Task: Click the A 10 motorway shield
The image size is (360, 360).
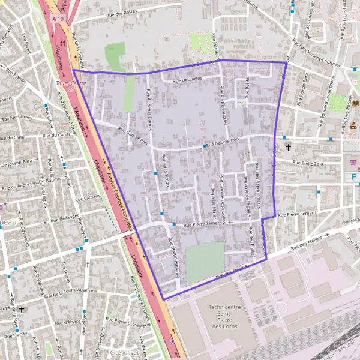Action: tap(58, 19)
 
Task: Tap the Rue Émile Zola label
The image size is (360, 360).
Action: tap(312, 163)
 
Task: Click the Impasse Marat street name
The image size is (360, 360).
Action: tap(212, 203)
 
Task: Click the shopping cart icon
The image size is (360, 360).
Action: tap(355, 161)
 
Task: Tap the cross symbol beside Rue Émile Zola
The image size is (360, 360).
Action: tap(288, 147)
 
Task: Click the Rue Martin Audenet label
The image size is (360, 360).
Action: tap(174, 256)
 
